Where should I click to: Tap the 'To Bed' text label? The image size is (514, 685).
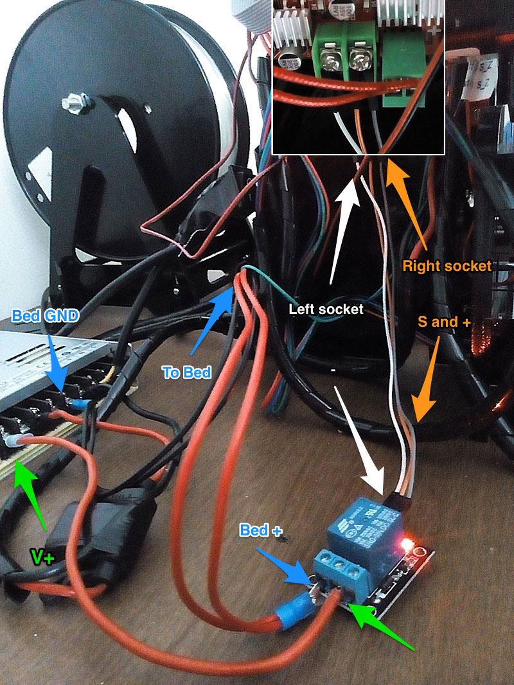point(186,372)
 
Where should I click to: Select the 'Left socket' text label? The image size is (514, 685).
point(326,309)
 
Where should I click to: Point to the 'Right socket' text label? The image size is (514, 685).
point(447,265)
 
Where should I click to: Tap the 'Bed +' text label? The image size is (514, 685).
point(261,530)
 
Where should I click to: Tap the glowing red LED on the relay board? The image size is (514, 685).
point(405,546)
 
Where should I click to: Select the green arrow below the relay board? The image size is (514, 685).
point(382,623)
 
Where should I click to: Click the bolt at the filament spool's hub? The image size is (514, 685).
point(69,103)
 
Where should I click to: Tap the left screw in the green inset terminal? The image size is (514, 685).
point(333,62)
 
